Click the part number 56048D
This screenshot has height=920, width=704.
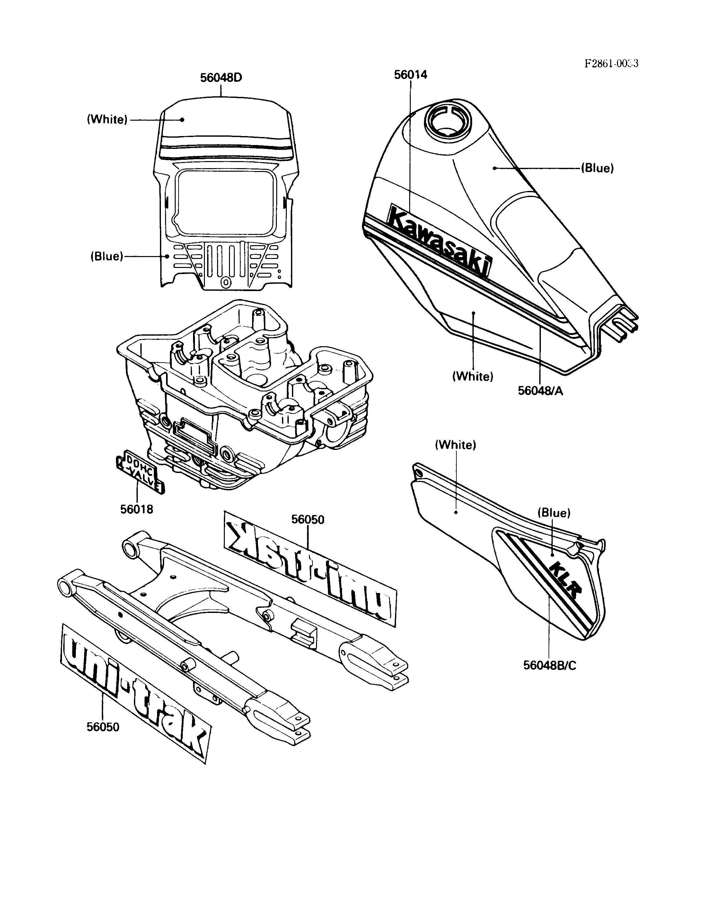221,78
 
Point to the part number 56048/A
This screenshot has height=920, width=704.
540,391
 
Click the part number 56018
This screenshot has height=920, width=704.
136,509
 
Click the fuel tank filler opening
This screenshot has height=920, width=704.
445,119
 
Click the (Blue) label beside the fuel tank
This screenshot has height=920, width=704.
597,168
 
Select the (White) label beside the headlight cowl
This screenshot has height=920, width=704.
107,120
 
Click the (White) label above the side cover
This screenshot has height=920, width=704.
455,445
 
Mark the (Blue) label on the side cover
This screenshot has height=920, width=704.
554,513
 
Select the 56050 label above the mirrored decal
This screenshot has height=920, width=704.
308,520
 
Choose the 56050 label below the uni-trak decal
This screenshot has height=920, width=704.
103,727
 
